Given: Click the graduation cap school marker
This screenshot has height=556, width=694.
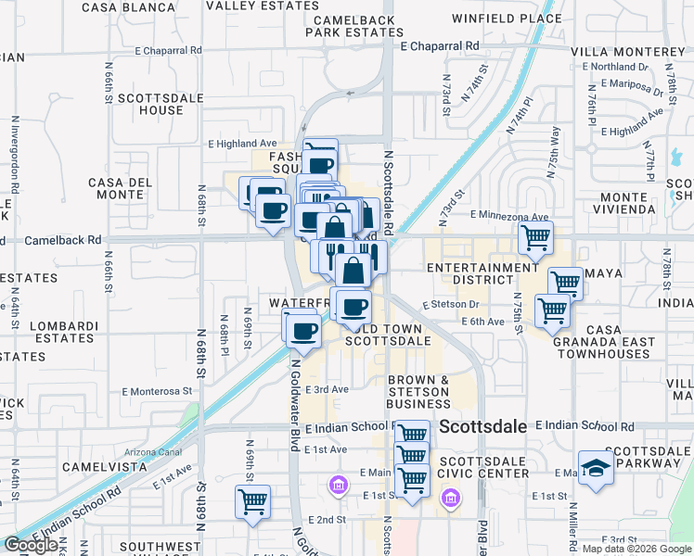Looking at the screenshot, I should pos(596,469).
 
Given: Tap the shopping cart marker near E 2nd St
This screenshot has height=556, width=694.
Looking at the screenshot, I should pos(252,502).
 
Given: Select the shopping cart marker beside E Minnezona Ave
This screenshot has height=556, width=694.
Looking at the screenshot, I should pos(535,238).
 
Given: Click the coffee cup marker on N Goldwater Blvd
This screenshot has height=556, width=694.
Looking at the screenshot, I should pos(301,328).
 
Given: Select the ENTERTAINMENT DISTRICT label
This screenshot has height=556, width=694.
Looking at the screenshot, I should pos(483,274).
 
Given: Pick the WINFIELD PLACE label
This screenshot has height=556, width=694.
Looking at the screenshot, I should pos(507,18).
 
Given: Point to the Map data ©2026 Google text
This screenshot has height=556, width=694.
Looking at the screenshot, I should pos(637,549).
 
